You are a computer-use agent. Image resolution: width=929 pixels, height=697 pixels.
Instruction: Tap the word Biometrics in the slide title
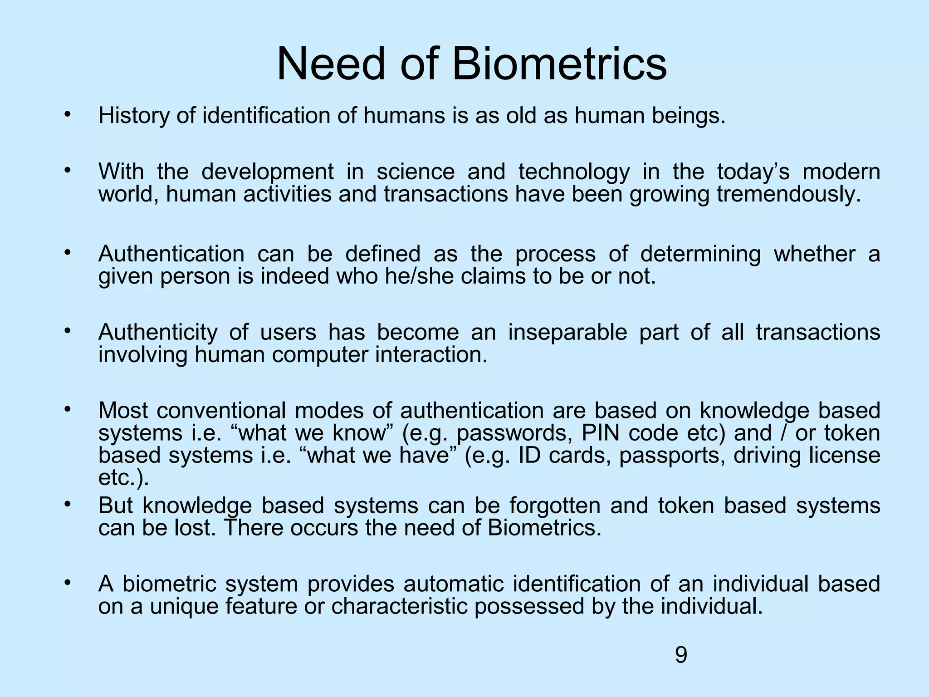pyautogui.click(x=559, y=64)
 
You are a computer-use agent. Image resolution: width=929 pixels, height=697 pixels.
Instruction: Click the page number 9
pyautogui.click(x=681, y=655)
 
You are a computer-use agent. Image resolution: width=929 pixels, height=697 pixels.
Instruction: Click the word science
pyautogui.click(x=416, y=172)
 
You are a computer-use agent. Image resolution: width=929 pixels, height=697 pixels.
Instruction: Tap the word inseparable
pyautogui.click(x=567, y=332)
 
